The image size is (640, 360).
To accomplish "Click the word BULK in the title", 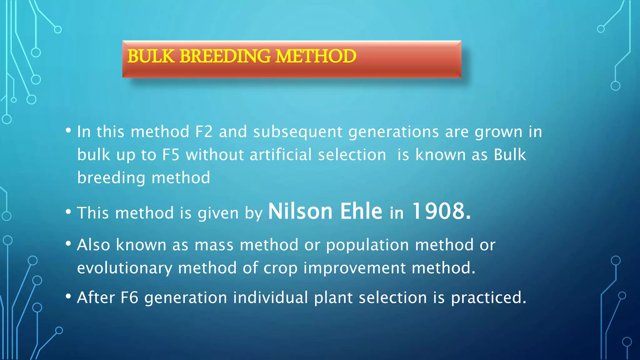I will (151, 56).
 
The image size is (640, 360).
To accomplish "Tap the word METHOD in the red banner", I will (316, 56).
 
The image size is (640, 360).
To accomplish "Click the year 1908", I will (441, 212).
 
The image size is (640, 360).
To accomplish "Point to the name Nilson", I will (300, 212).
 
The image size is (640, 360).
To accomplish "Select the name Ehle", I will (361, 212).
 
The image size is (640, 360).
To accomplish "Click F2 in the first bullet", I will (204, 132).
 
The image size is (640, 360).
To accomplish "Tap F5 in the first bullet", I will (171, 155).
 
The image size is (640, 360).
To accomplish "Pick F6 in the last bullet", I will (129, 297).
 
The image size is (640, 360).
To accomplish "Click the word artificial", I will (281, 155).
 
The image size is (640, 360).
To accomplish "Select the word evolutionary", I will (124, 268).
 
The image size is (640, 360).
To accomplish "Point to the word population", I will (367, 245).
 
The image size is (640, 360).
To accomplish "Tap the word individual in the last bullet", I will (271, 297).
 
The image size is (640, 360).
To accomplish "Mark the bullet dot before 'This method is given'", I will (68, 212).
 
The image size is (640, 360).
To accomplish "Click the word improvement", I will (354, 268).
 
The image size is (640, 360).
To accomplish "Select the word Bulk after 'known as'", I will (510, 155).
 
